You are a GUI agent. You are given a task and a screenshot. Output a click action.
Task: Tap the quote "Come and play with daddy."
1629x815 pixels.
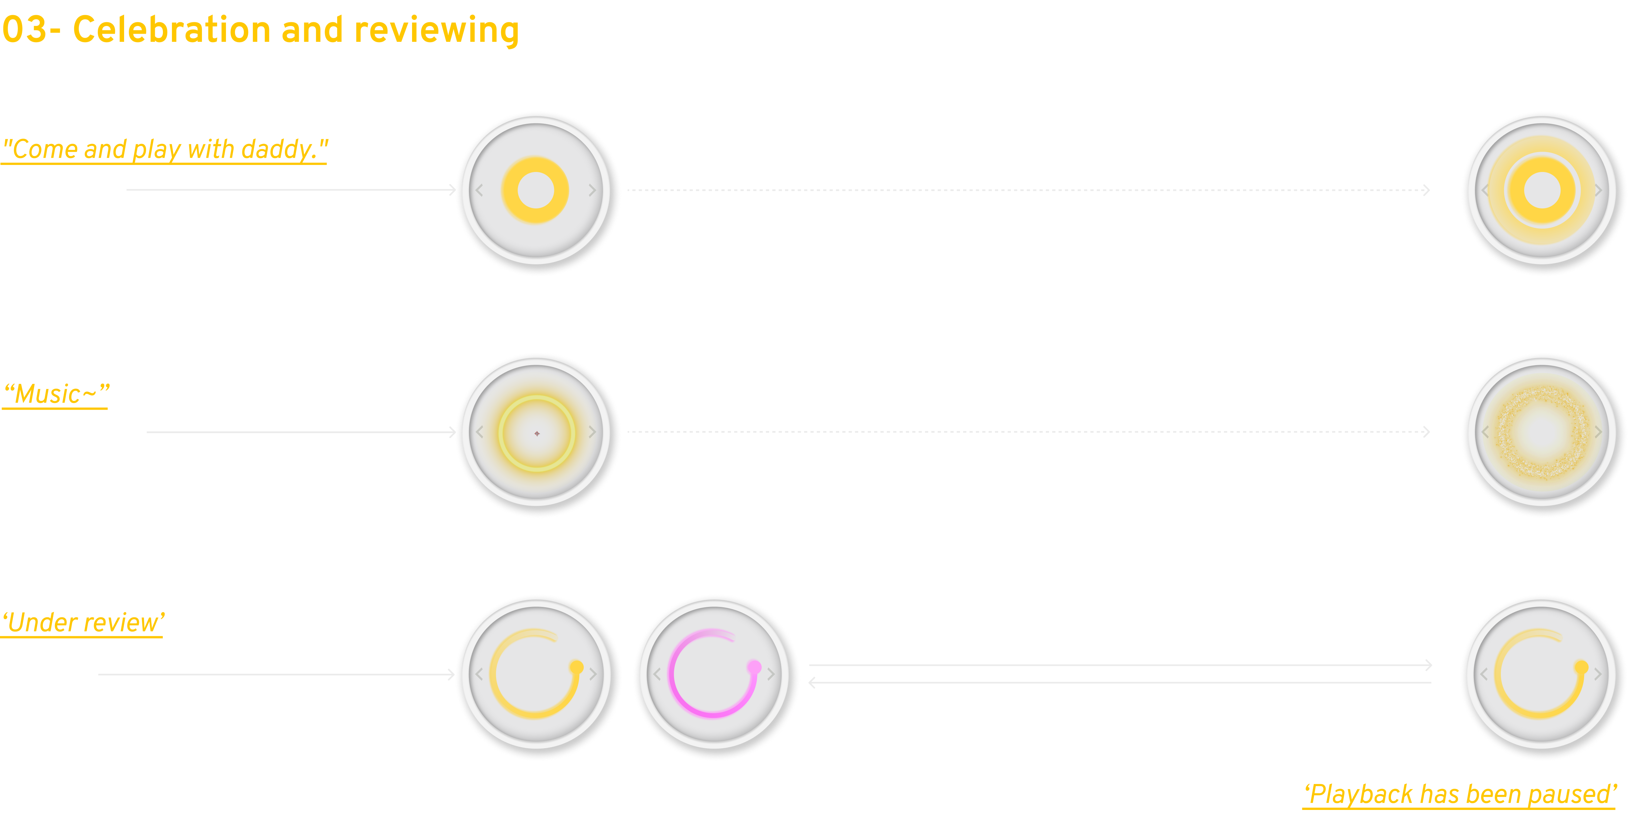coord(165,150)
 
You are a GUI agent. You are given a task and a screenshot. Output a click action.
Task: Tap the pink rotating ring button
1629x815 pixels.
coord(714,674)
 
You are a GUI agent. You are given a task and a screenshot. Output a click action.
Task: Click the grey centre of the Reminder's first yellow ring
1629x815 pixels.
coord(535,190)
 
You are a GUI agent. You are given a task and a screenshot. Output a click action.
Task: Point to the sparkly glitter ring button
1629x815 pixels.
coord(1542,433)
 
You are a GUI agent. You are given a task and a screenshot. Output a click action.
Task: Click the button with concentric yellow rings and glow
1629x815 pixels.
coord(1542,190)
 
